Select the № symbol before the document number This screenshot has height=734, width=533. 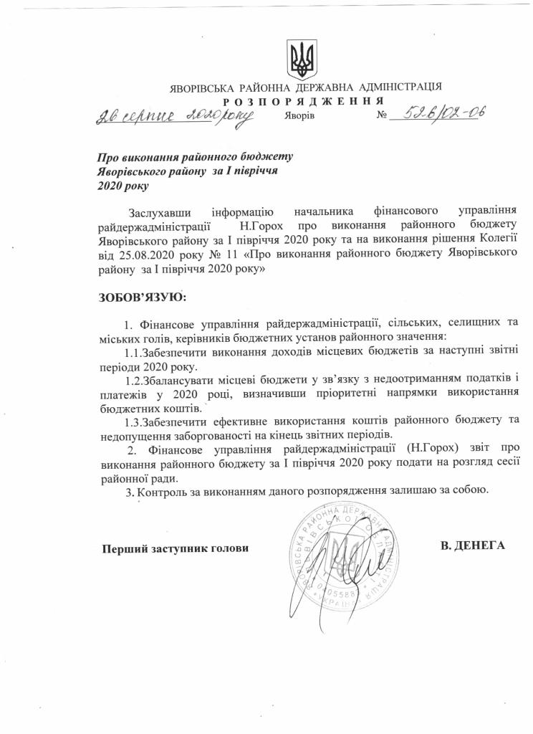coord(382,115)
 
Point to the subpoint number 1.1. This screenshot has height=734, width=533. coord(133,353)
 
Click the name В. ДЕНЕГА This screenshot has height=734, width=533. coord(473,545)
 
